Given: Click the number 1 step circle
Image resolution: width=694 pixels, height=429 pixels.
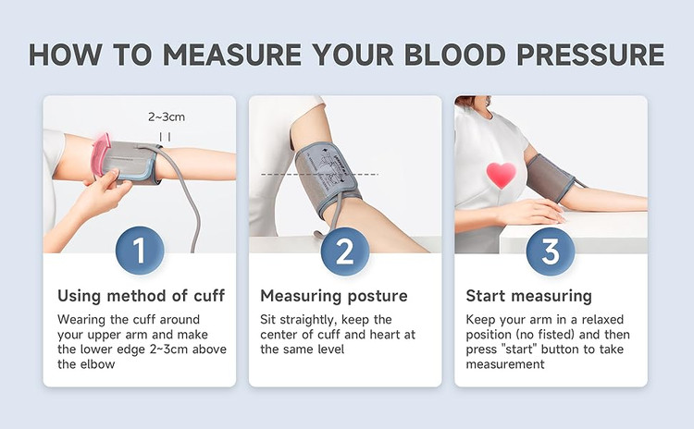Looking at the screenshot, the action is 140,251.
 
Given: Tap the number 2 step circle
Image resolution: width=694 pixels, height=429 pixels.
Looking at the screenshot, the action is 345,251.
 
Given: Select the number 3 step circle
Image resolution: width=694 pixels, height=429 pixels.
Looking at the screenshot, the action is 551,251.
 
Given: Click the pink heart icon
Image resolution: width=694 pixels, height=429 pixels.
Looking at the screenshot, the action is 501,175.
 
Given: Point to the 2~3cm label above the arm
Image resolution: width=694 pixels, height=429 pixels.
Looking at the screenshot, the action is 167,117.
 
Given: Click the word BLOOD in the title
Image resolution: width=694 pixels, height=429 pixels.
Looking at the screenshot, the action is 454,55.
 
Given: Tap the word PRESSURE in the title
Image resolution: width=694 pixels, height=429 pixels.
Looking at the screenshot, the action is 590,55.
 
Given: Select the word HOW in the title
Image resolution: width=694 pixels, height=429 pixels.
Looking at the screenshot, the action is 66,55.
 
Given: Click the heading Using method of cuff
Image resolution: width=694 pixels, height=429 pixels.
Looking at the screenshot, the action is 142,296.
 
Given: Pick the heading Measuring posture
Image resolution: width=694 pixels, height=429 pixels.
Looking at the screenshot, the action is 334,296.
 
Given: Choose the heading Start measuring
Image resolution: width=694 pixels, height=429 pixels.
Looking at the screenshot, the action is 529,296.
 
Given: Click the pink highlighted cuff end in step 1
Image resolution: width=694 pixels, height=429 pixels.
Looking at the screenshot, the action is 100,154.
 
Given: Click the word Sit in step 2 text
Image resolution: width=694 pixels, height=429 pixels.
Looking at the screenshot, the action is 268,319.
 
